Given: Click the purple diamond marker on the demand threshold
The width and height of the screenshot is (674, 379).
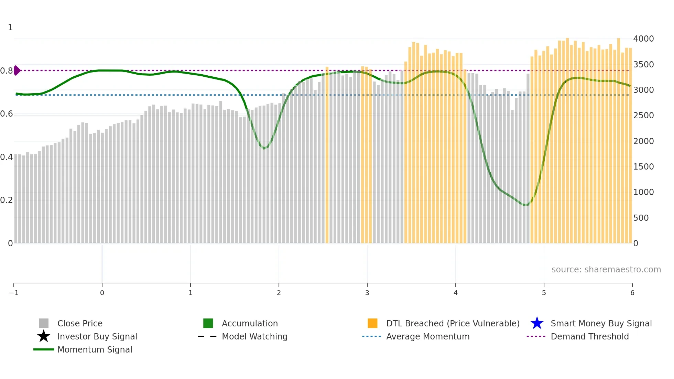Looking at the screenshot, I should [17, 71].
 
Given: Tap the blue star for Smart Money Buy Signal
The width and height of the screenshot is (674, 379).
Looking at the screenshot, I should [537, 323].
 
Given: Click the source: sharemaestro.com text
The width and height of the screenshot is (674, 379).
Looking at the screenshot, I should [606, 270].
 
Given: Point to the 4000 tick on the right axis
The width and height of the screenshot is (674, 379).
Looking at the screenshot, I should [643, 39].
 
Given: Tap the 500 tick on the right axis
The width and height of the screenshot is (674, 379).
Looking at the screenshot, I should [641, 218].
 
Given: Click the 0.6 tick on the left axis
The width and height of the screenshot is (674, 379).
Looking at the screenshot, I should [7, 114].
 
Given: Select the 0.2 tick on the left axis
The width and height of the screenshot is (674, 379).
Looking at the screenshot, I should [7, 200].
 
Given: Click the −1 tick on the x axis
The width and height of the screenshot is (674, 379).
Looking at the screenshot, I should [14, 293].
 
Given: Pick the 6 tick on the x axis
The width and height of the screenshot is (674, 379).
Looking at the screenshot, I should [632, 293].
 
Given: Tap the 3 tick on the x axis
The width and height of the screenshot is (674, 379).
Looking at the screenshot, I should [367, 293].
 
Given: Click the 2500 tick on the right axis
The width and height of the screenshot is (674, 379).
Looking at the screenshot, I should [643, 116].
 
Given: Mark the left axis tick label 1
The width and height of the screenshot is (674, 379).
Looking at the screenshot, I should [10, 28].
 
